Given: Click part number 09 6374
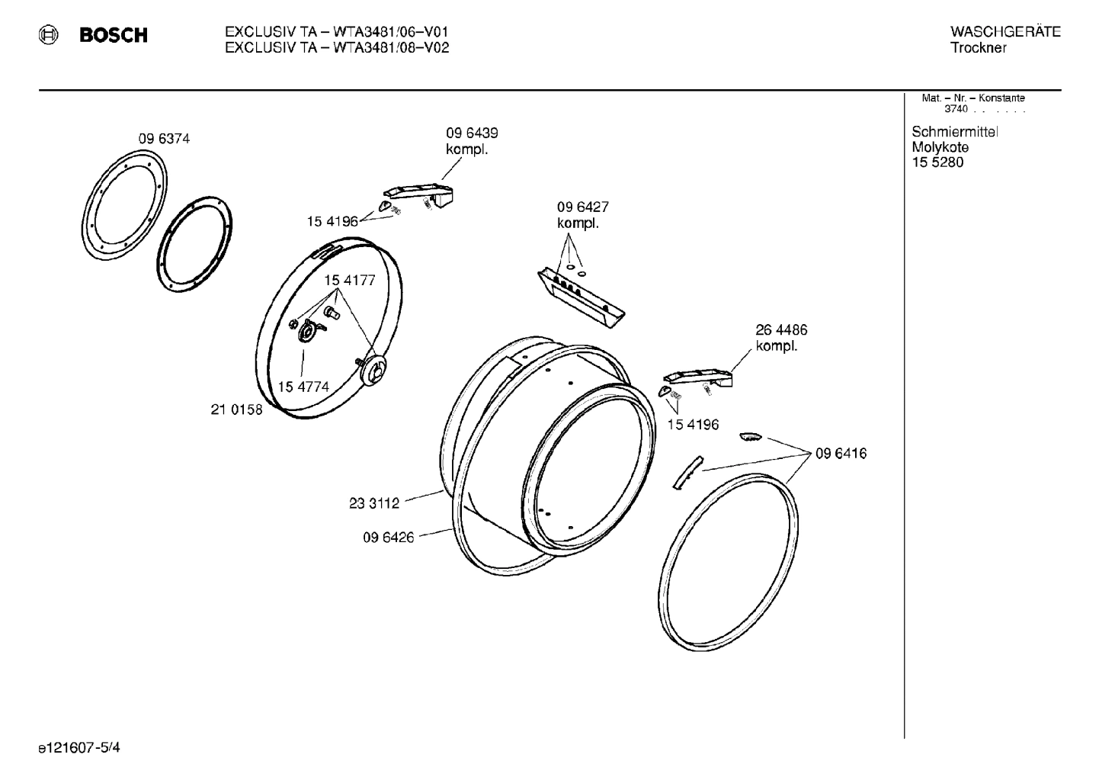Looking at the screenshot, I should click(x=164, y=139).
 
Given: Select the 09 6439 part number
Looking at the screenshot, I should click(x=472, y=133).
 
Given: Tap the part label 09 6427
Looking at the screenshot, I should click(x=582, y=207).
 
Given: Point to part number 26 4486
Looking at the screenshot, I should click(x=781, y=330).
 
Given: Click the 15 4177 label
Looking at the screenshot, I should click(x=350, y=281).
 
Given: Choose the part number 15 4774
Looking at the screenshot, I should click(x=303, y=387).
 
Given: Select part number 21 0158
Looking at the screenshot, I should click(x=236, y=409).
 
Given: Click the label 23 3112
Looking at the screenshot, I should click(x=374, y=503).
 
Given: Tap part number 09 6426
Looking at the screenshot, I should click(x=388, y=538).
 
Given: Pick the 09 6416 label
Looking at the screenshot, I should click(x=841, y=454).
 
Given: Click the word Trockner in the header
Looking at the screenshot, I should click(x=978, y=48).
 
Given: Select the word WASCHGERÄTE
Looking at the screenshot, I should click(x=1004, y=31).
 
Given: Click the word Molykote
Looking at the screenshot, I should click(x=940, y=147).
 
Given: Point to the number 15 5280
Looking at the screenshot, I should click(x=937, y=162).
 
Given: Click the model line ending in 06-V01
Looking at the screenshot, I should click(x=336, y=32).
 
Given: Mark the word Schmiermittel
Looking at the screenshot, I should click(x=954, y=132).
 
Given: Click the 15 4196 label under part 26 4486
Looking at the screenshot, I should click(x=693, y=425).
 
